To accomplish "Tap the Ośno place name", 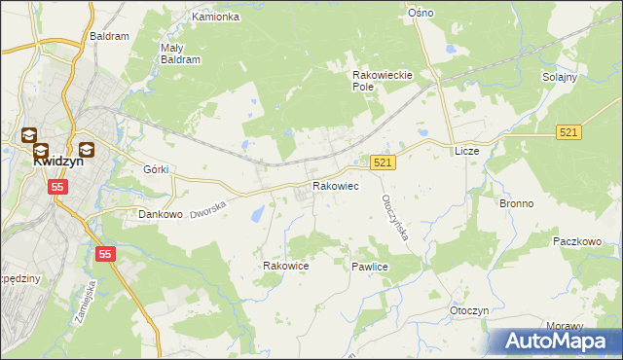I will pyautogui.click(x=421, y=13).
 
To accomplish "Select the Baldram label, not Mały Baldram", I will pyautogui.click(x=109, y=36).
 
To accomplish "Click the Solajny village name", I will pyautogui.click(x=561, y=77).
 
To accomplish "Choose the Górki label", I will pyautogui.click(x=156, y=169).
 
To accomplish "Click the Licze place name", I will pyautogui.click(x=467, y=152).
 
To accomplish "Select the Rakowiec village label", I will pyautogui.click(x=335, y=185).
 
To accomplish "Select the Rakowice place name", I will pyautogui.click(x=286, y=265).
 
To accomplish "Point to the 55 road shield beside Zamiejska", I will pyautogui.click(x=105, y=253).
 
